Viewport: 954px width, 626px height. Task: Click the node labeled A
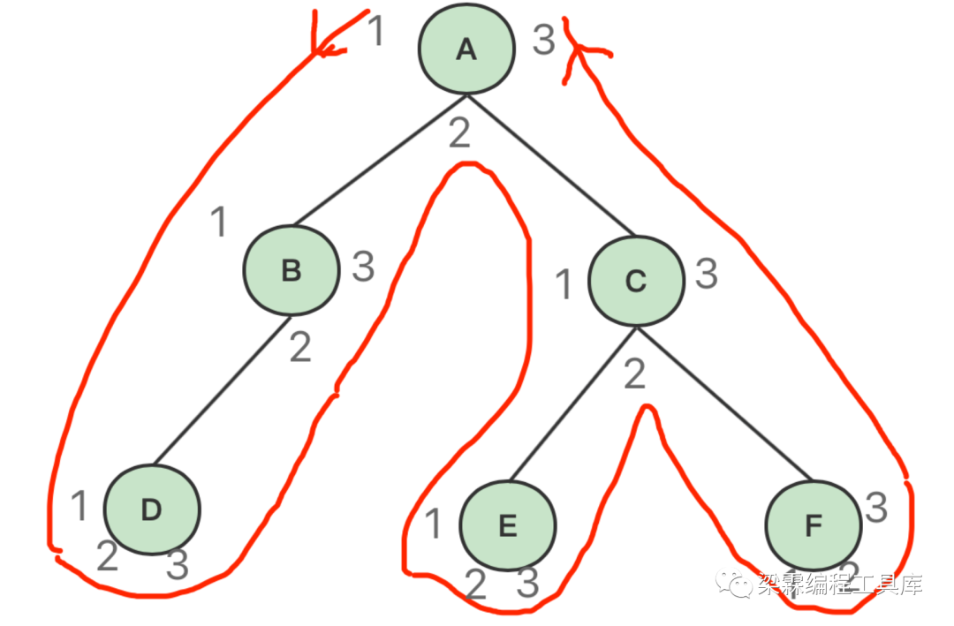click(466, 49)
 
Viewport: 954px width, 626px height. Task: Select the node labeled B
click(291, 270)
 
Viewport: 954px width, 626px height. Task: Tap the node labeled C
click(636, 281)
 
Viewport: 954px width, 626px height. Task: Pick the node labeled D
click(152, 509)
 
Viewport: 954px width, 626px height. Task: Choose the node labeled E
click(508, 526)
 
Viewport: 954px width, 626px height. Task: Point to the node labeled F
click(814, 526)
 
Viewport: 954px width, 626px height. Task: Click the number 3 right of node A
click(544, 41)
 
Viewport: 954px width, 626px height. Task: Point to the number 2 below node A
click(459, 133)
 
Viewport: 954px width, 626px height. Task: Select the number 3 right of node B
click(363, 266)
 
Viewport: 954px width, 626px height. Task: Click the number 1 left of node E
click(433, 524)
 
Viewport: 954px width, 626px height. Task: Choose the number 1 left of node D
click(79, 507)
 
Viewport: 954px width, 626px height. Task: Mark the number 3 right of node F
click(876, 507)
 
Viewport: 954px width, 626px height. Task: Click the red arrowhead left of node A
click(327, 44)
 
